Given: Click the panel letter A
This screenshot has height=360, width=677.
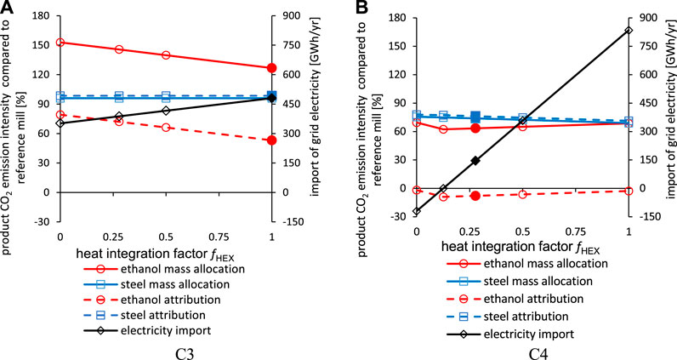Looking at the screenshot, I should (8, 8).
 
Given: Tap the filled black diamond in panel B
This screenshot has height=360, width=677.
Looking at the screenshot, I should (475, 161).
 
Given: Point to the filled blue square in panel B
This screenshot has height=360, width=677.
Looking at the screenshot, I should (475, 117).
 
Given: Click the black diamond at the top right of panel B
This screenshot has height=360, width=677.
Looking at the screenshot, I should (629, 31).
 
